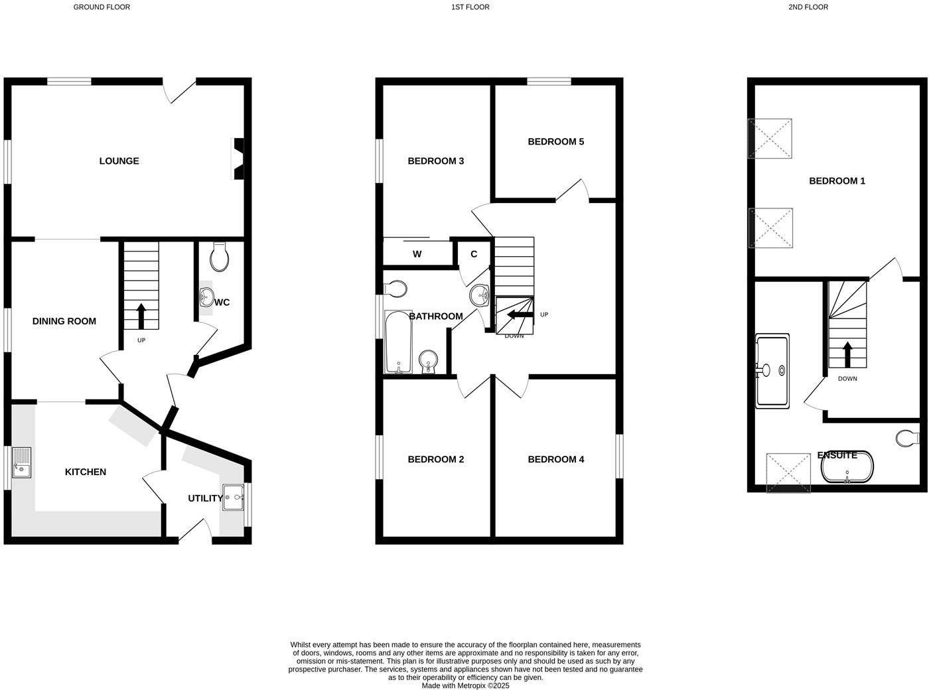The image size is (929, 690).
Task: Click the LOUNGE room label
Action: pyautogui.click(x=119, y=161)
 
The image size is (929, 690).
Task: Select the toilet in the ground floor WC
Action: pyautogui.click(x=219, y=257)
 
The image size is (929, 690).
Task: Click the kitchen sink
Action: pyautogui.click(x=21, y=463)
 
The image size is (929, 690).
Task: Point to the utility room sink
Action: pyautogui.click(x=234, y=497)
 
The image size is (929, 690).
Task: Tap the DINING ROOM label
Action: pyautogui.click(x=64, y=321)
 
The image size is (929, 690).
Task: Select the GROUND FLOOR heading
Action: pyautogui.click(x=102, y=7)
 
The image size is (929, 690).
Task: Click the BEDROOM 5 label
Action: pyautogui.click(x=555, y=141)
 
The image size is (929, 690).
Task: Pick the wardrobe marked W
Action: pyautogui.click(x=417, y=254)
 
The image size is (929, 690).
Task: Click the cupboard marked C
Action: pyautogui.click(x=474, y=254)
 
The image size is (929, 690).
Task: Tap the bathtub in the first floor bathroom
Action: pyautogui.click(x=398, y=342)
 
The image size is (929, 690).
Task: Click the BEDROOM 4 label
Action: pyautogui.click(x=555, y=459)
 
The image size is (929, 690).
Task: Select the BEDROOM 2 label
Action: pyautogui.click(x=435, y=459)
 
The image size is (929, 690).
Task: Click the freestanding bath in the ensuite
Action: pyautogui.click(x=847, y=468)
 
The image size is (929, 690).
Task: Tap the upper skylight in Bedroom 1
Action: pyautogui.click(x=770, y=139)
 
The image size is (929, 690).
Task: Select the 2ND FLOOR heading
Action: pyautogui.click(x=808, y=7)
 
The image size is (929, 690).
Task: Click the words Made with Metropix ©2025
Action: pyautogui.click(x=465, y=685)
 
